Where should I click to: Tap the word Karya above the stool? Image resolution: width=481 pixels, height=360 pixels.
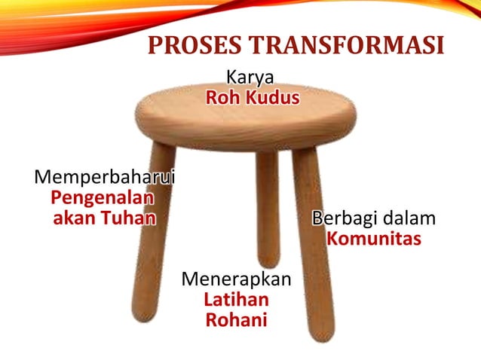point(250,77)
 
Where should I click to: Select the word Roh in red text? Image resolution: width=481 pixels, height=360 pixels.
point(224,98)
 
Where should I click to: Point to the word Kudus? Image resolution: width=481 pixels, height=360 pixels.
point(271,98)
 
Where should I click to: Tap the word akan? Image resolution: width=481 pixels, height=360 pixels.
point(76,219)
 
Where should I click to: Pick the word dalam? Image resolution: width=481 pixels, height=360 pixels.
point(409,219)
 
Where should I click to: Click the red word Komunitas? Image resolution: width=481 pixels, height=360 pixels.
point(373,240)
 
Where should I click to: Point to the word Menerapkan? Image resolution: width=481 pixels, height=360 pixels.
point(237,279)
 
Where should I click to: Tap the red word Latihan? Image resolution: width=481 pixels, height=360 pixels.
point(236,300)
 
